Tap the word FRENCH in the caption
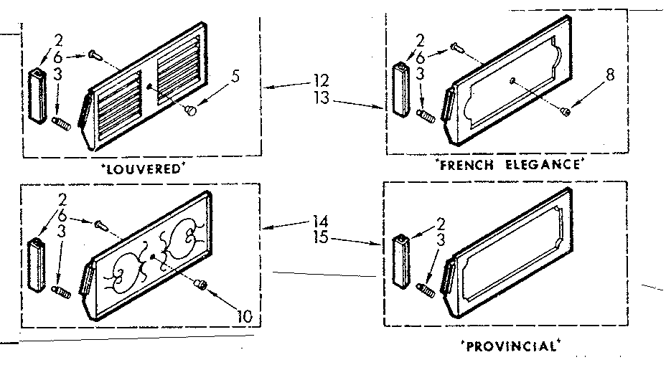pos(466,165)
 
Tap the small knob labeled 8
pos(566,110)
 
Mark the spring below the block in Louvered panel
pos(60,125)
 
